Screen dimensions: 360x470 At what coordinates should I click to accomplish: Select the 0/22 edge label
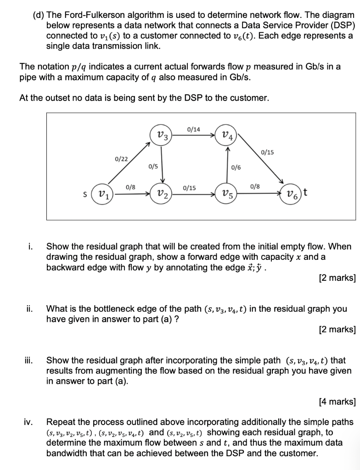121,158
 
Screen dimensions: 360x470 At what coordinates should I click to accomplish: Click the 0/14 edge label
194,129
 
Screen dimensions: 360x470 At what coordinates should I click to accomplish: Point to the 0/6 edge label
236,168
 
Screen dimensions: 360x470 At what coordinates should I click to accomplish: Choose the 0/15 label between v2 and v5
189,188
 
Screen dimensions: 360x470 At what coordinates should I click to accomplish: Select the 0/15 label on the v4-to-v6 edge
267,152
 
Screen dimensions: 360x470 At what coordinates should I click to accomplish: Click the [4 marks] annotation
337,402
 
